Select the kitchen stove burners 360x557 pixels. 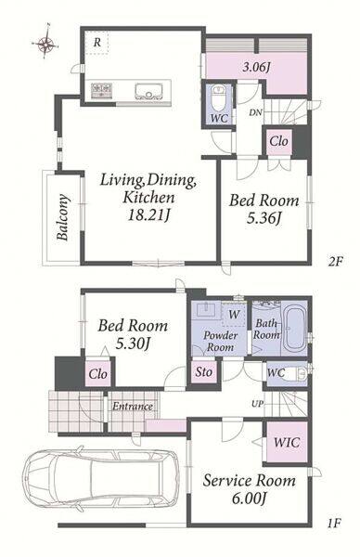pos(101,90)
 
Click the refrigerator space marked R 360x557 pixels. pos(96,43)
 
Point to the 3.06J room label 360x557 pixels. pos(257,67)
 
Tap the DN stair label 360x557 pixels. pos(255,112)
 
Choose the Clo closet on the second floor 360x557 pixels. pos(278,141)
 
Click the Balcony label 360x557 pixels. pos(63,217)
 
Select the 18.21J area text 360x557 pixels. pos(148,215)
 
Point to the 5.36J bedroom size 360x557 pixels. pos(264,218)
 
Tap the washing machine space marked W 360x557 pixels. pos(234,314)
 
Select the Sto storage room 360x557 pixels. pos(204,372)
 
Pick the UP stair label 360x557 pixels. pos(258,404)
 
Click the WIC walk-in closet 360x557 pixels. pos(287,442)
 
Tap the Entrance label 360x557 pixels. pos(133,406)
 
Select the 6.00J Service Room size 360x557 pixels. pos(249,499)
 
